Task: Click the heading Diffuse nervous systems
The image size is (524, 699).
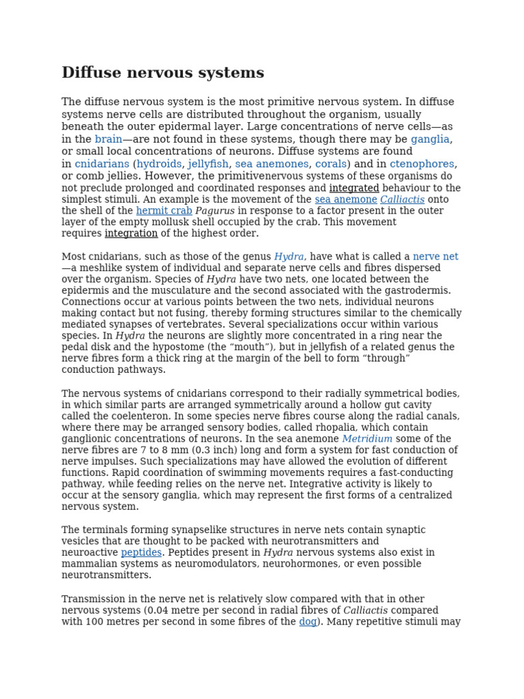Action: point(162,73)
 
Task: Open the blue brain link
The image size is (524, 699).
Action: point(108,139)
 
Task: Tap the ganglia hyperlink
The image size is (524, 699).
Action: point(430,139)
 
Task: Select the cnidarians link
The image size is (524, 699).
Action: point(102,164)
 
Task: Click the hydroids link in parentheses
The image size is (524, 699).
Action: point(159,164)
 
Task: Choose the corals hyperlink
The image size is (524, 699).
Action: point(331,164)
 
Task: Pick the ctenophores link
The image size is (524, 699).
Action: point(422,164)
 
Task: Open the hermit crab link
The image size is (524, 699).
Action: point(164,211)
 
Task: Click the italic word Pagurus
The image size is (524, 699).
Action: point(215,211)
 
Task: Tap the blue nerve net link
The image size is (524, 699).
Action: point(435,257)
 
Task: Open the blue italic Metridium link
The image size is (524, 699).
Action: point(367,439)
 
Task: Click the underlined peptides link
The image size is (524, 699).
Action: point(141,553)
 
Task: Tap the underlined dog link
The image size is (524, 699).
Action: point(308,622)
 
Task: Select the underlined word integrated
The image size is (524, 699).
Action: point(354,188)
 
